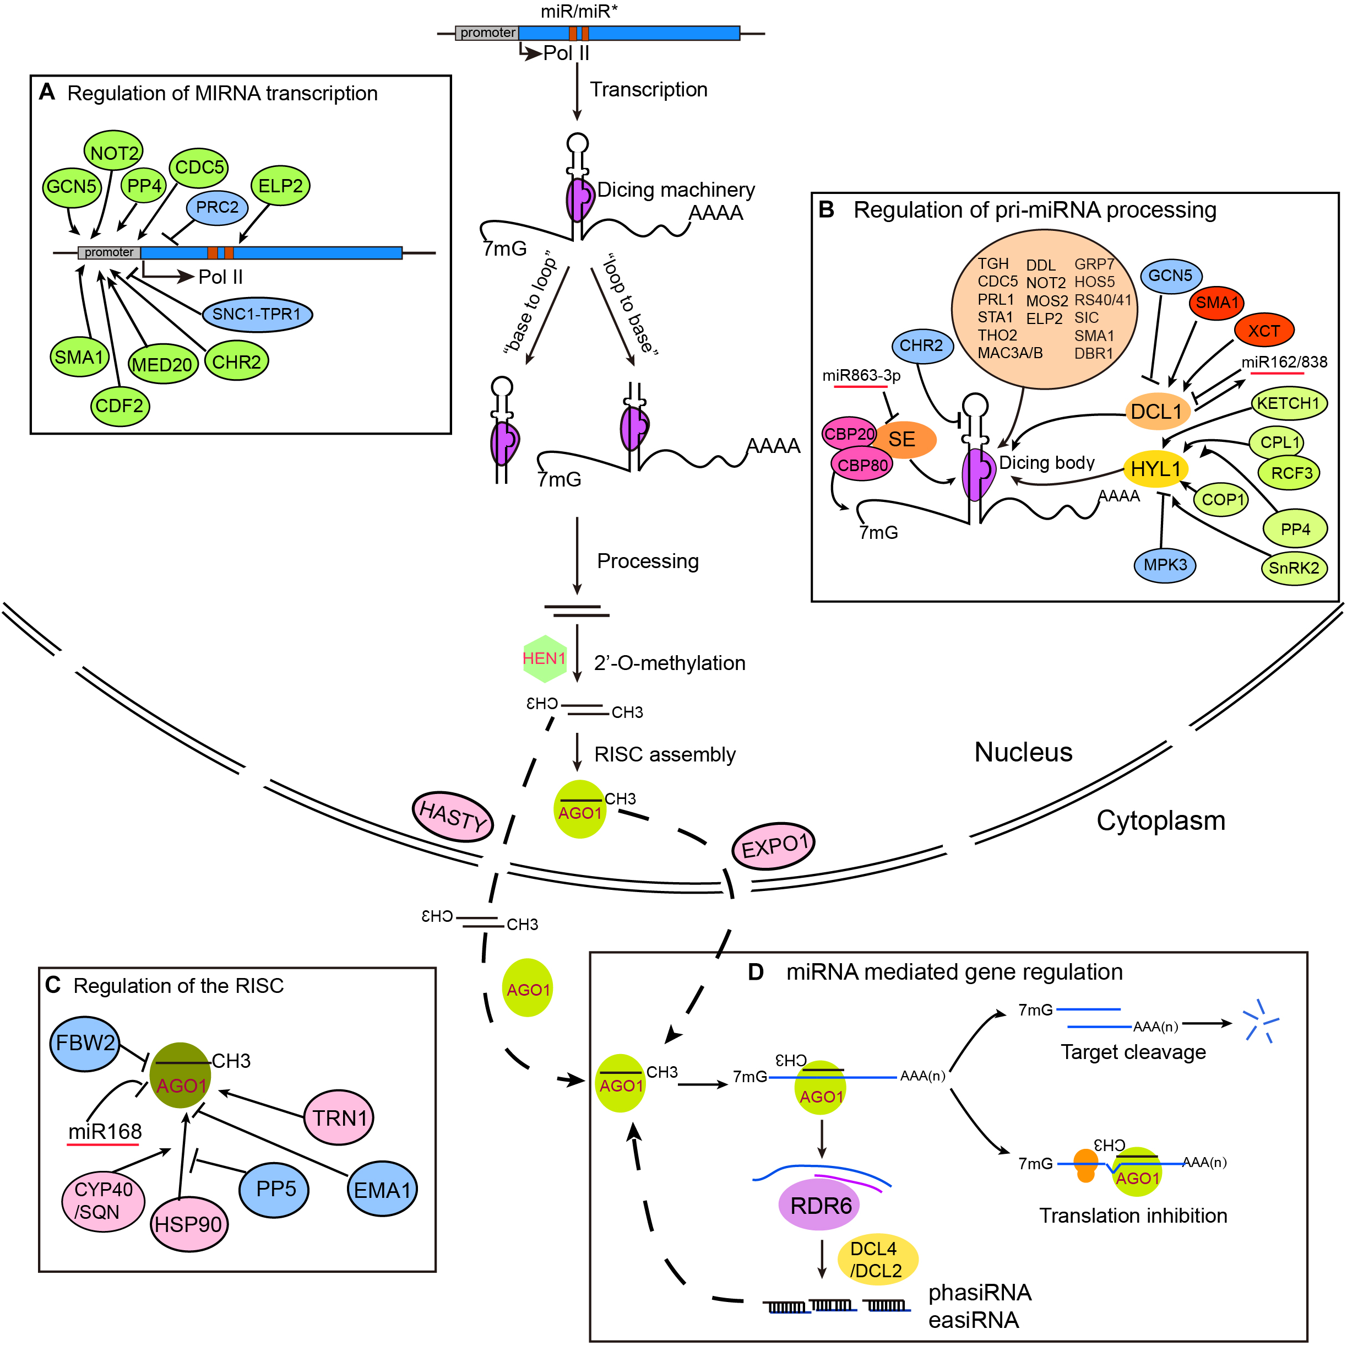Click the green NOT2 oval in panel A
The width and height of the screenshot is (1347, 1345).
tap(113, 152)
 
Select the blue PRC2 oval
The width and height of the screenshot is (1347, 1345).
tap(217, 207)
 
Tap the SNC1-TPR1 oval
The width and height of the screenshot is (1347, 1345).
tap(257, 314)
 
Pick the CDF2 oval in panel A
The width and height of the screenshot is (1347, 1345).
tap(119, 406)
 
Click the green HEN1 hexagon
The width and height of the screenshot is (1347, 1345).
tap(544, 658)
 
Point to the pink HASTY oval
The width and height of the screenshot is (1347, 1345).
tap(453, 815)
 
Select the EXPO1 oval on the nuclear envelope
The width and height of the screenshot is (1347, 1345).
tap(773, 846)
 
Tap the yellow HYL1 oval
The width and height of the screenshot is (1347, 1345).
tap(1155, 468)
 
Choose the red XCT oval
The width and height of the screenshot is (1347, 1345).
tap(1263, 330)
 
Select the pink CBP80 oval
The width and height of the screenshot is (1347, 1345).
tap(862, 464)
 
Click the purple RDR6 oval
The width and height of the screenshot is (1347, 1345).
tap(820, 1205)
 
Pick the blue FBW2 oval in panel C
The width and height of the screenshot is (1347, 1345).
tap(85, 1043)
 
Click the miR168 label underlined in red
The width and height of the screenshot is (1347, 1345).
tap(105, 1131)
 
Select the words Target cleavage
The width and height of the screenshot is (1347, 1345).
tap(1132, 1052)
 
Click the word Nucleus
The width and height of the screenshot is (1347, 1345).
tap(1023, 752)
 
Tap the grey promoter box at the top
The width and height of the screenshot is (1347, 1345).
tap(487, 33)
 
